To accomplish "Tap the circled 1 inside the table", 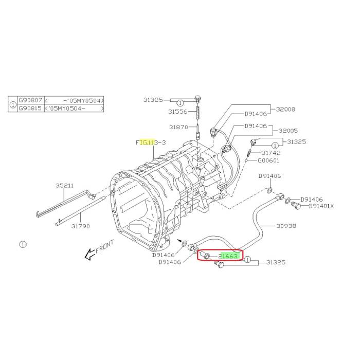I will (13, 104).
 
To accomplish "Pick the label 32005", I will (287, 131).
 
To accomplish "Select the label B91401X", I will (321, 206).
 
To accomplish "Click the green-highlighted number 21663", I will (228, 256).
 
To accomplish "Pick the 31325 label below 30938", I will (276, 263).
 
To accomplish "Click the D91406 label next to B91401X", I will (312, 199).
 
